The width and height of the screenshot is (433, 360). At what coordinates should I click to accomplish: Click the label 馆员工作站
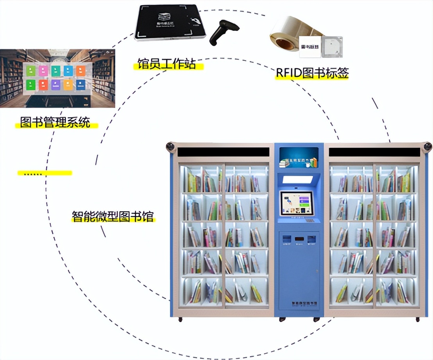(x=167, y=64)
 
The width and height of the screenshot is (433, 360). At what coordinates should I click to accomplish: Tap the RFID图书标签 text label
(x=312, y=73)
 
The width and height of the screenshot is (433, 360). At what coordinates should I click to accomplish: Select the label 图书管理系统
(x=55, y=123)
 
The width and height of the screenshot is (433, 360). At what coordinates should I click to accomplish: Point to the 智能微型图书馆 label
(x=113, y=216)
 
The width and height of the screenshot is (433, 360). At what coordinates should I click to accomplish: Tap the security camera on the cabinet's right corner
(x=428, y=147)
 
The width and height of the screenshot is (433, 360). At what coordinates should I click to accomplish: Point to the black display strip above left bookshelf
(x=223, y=152)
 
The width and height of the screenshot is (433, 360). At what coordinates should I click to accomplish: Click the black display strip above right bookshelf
(x=374, y=152)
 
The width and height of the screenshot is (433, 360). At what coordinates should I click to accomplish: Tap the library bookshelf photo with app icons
(x=57, y=78)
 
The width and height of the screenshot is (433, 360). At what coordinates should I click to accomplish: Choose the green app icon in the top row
(x=31, y=70)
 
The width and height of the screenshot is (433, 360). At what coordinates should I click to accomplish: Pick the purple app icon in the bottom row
(x=55, y=85)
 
